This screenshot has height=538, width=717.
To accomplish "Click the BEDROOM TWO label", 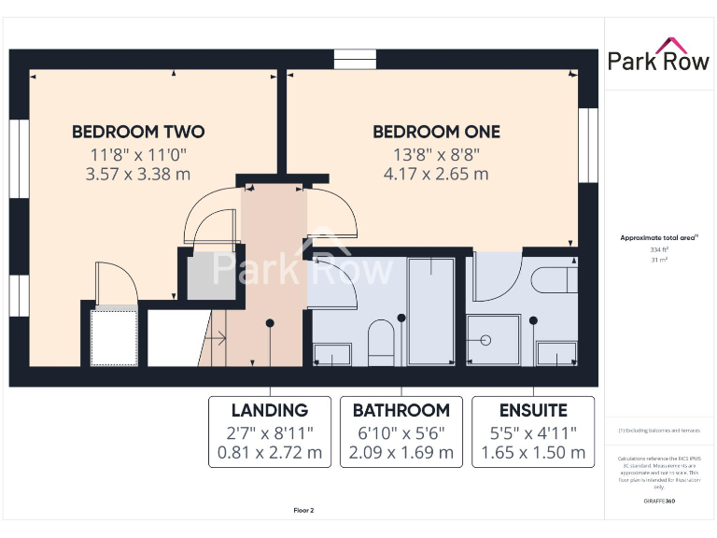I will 138,132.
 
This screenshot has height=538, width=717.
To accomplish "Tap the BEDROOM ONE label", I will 436,132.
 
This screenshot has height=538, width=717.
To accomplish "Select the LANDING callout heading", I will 270,410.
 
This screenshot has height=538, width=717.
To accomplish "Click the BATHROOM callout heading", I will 401,410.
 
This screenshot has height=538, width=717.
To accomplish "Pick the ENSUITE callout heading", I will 533,410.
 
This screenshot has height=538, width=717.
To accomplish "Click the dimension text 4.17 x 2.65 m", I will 436,174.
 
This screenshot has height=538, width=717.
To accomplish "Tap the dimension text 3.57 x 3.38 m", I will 138,174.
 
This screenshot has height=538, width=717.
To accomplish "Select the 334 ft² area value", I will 658,249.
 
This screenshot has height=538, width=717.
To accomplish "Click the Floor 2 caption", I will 304,510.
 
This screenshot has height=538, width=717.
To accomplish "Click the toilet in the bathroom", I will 382,341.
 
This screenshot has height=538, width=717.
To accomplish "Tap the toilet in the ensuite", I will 552,278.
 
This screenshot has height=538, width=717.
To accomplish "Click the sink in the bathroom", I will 332,353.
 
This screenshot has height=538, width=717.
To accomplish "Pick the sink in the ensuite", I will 558,353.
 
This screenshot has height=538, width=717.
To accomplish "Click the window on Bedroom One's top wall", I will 354,58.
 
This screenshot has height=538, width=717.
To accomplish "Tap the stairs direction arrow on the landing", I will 217,336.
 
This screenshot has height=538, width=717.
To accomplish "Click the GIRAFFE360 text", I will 658,502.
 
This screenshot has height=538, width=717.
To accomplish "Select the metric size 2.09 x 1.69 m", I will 401,453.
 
